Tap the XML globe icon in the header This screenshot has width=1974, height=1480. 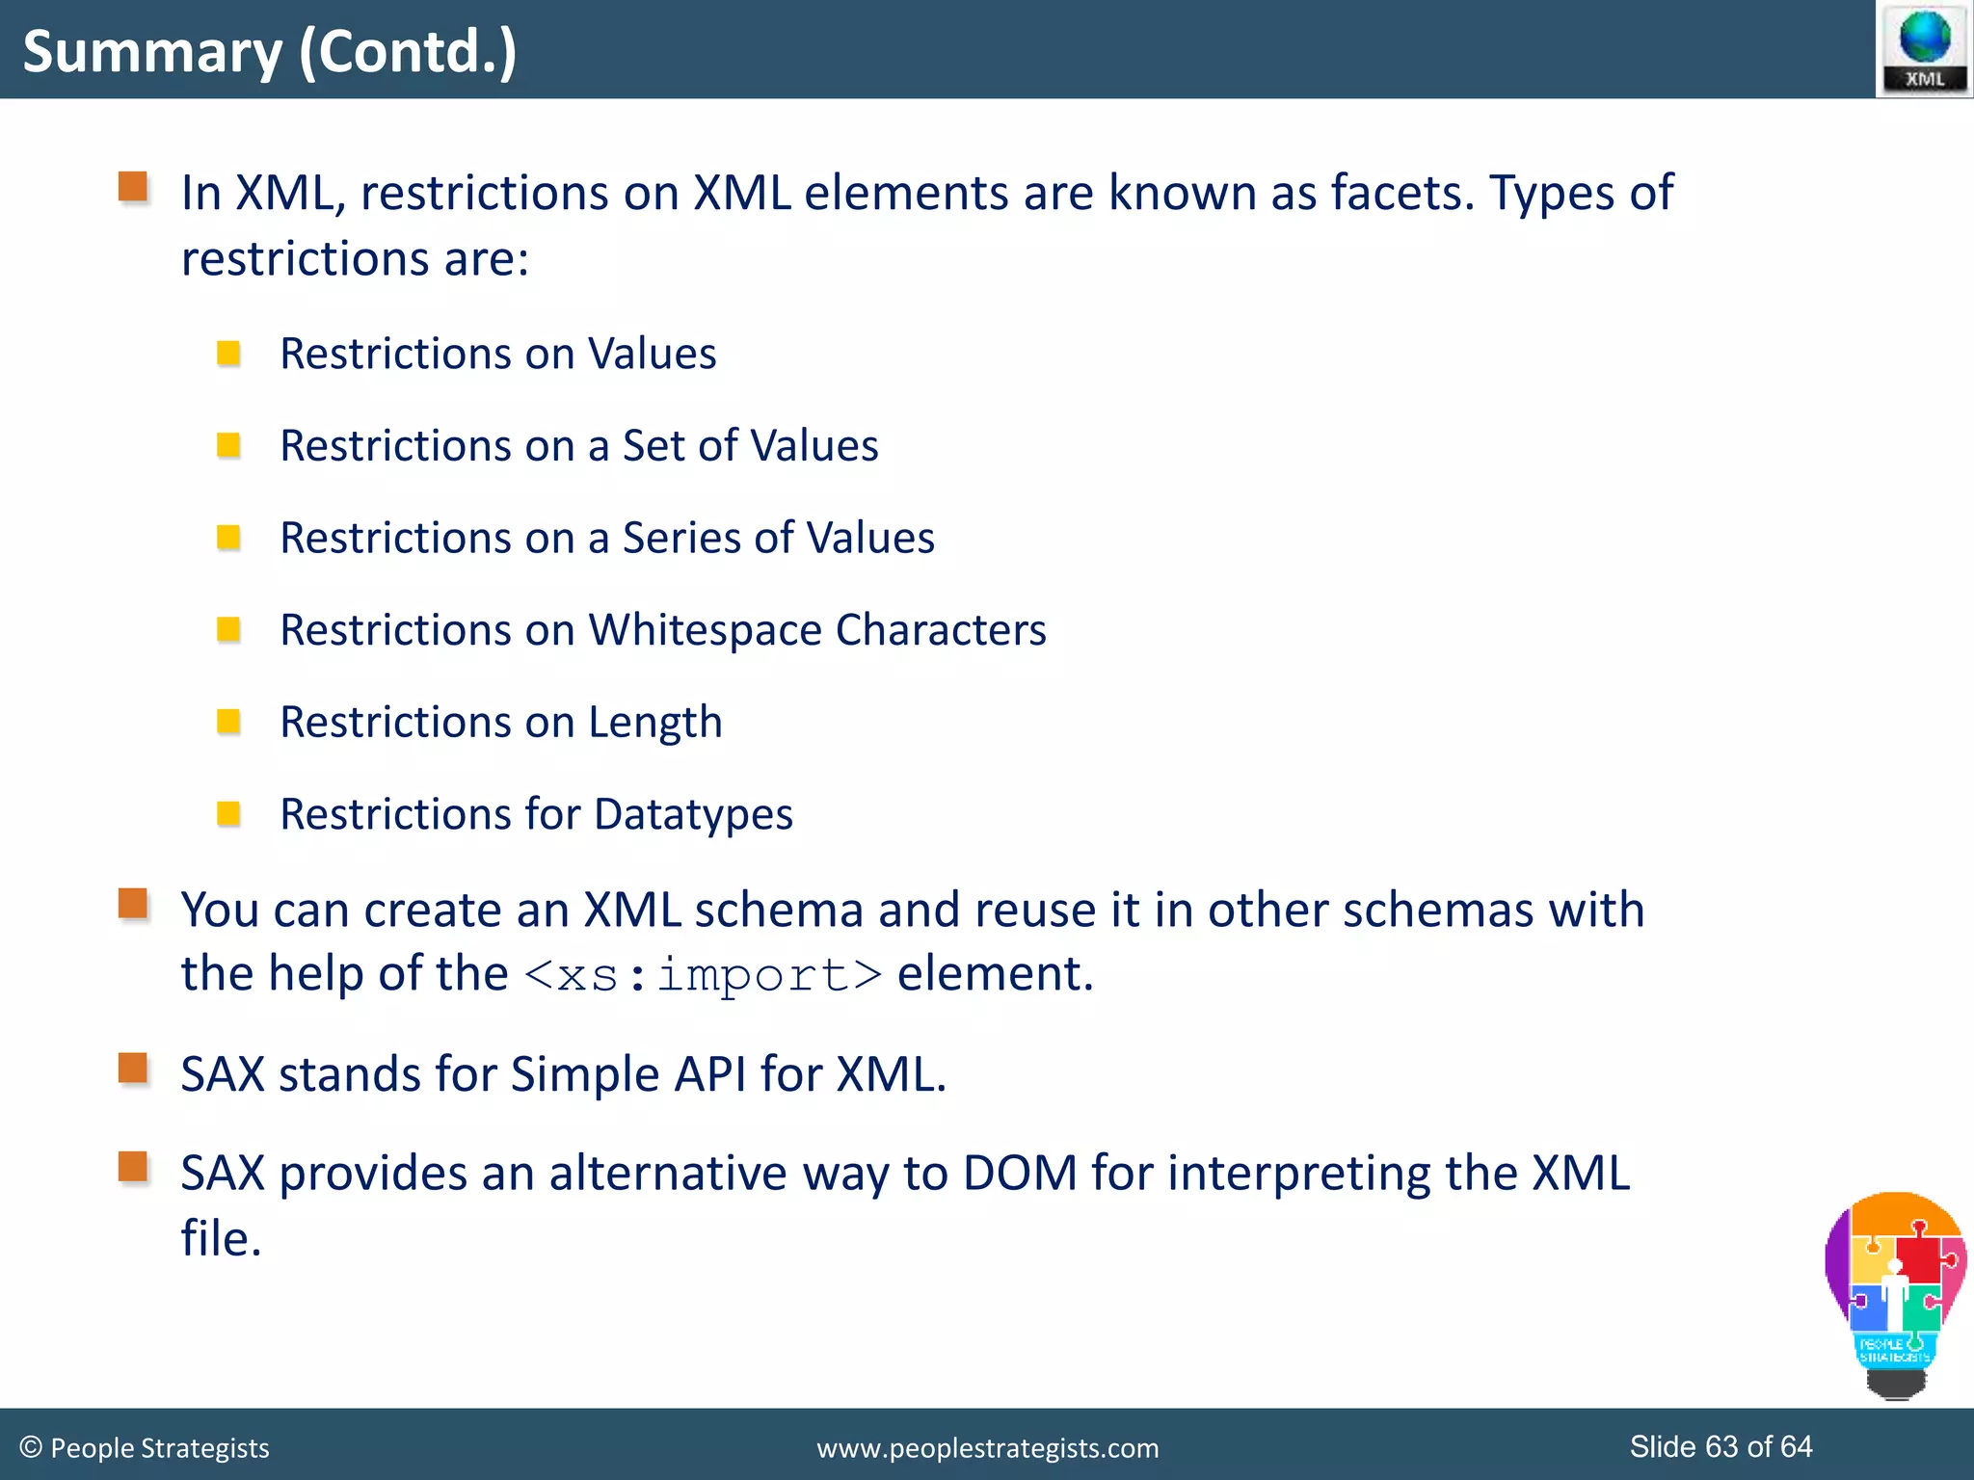tap(1924, 49)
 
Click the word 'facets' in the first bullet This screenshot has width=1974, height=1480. tap(1402, 192)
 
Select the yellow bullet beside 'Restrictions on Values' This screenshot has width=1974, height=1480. tap(228, 354)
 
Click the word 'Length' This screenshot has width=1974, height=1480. tap(654, 723)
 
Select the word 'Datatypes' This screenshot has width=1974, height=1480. tap(693, 814)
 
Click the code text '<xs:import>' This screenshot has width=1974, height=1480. tap(703, 974)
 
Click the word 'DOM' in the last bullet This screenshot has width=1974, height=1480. tap(1020, 1174)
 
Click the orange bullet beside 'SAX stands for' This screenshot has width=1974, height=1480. tap(133, 1068)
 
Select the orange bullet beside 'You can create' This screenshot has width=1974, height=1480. tap(133, 904)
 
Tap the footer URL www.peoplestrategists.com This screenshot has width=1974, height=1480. tap(987, 1448)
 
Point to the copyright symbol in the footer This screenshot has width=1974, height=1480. tap(31, 1447)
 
